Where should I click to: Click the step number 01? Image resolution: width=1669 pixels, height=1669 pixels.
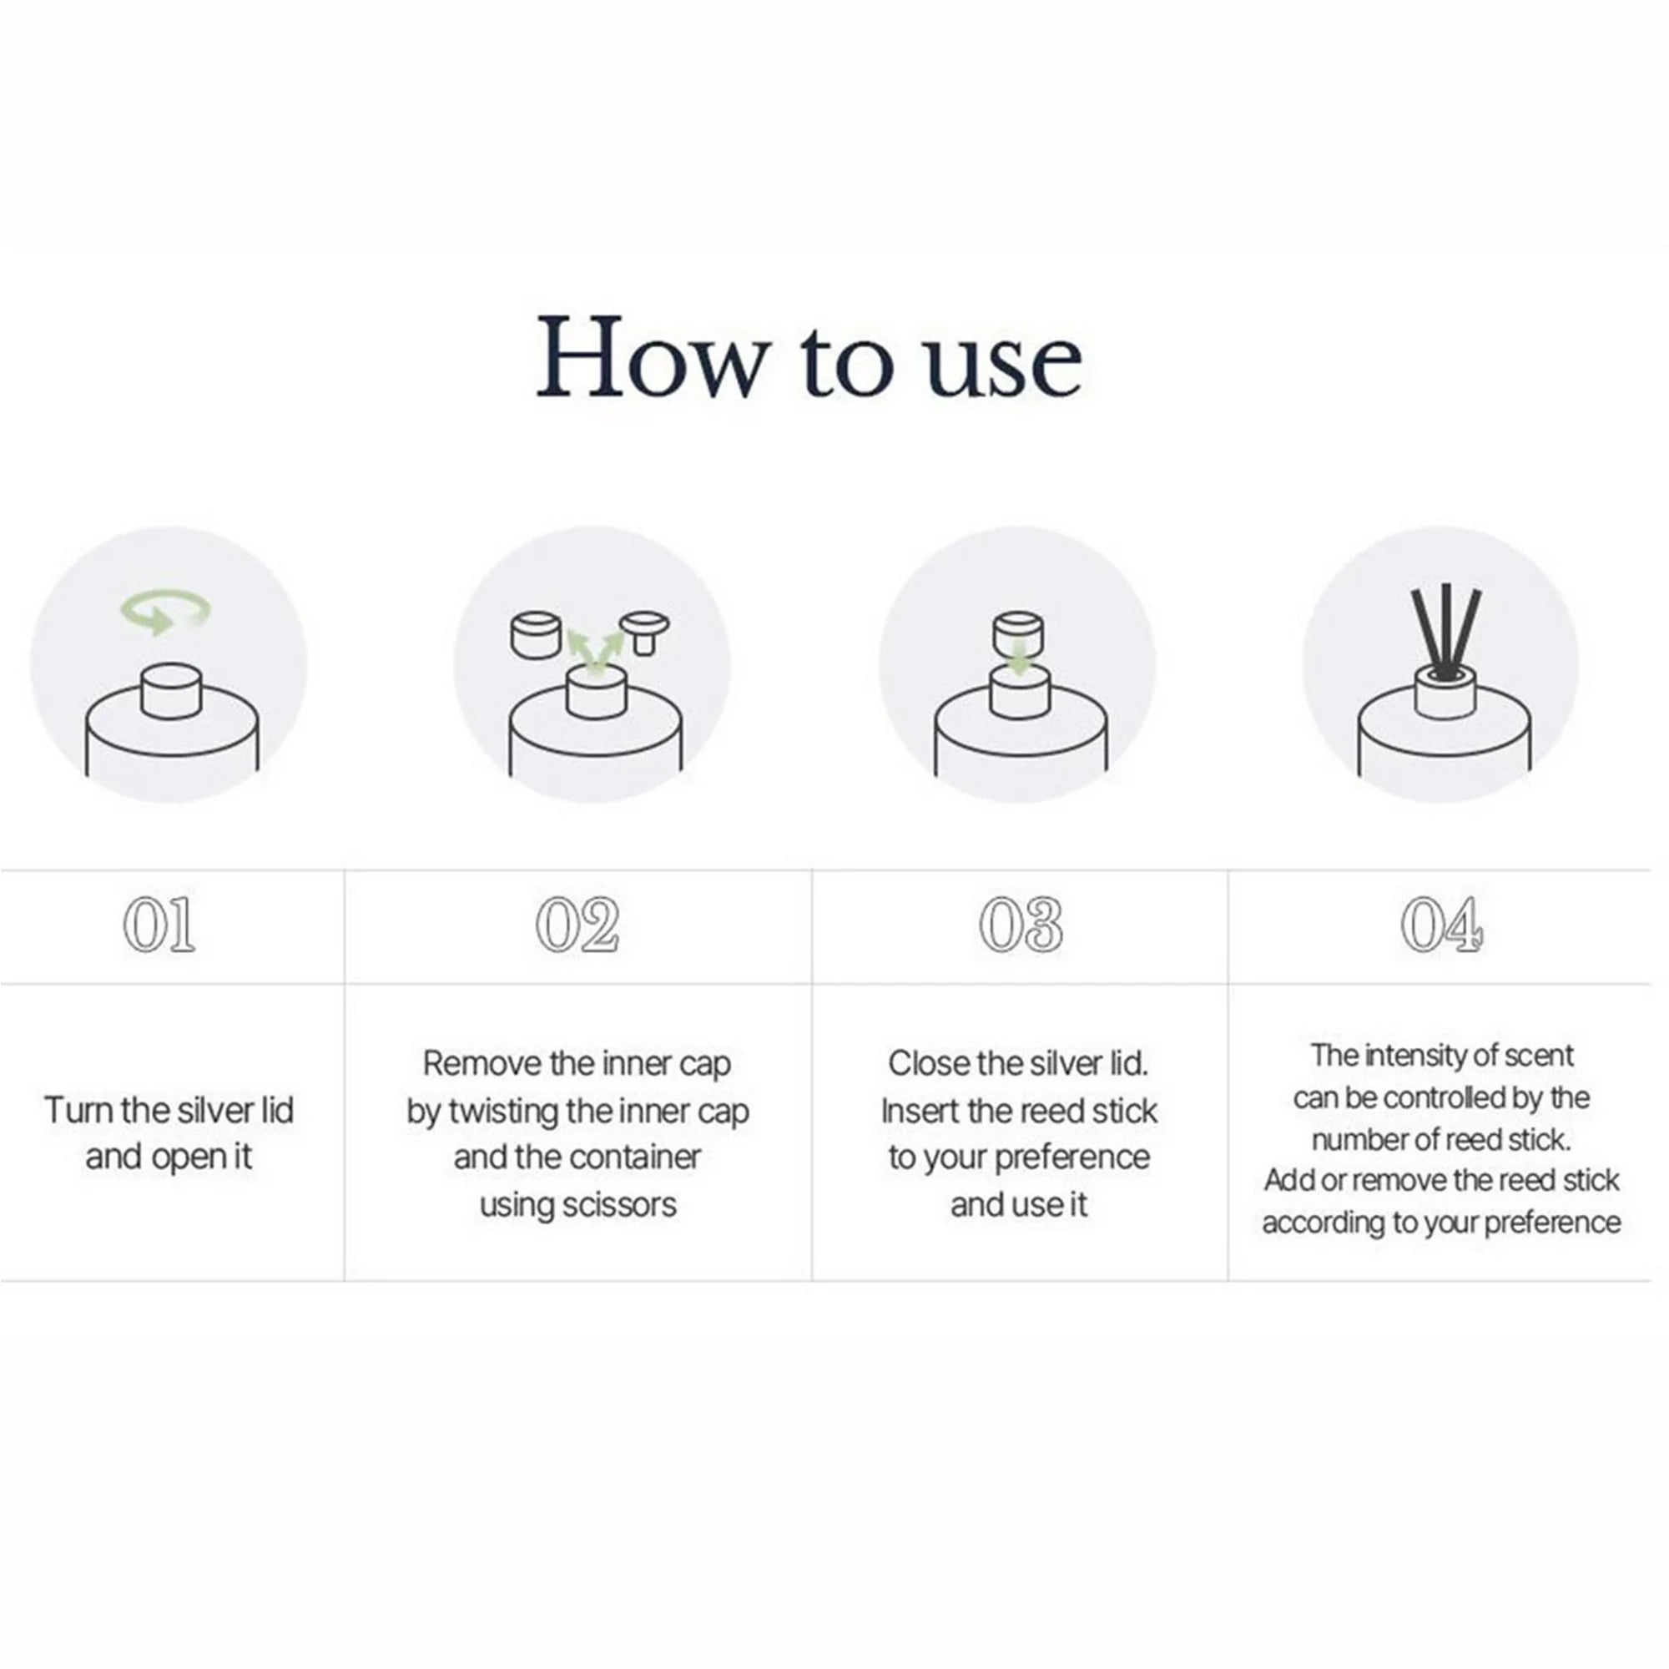coord(159,925)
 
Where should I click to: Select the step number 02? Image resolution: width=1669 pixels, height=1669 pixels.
coord(577,925)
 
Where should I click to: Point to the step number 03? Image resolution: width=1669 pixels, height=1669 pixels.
coord(1021,925)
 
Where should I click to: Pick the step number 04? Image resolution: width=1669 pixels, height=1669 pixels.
coord(1442,925)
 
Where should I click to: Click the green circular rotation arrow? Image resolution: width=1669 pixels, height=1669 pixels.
coord(164,610)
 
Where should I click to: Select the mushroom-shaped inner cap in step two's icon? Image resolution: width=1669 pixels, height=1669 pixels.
coord(644,633)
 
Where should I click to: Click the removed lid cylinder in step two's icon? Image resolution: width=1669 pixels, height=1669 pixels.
coord(537,635)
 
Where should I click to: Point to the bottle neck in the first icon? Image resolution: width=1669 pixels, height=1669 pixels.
coord(171,691)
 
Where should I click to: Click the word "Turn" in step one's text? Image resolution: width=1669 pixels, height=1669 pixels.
coord(78,1110)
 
